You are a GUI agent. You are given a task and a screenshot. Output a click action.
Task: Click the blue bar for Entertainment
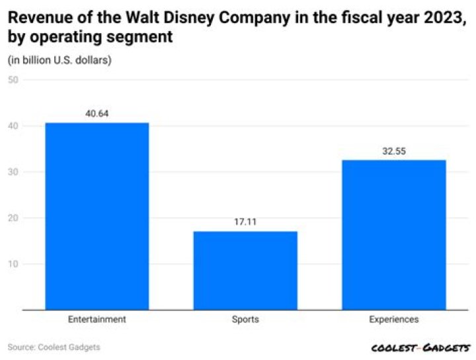[x=97, y=216]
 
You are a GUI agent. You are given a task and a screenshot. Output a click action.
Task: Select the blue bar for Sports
[x=245, y=270]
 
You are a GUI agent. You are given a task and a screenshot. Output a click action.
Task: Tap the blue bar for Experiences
[x=393, y=234]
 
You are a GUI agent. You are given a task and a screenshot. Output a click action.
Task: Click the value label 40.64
[x=97, y=113]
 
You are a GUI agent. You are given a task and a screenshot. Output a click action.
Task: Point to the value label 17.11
[x=245, y=222]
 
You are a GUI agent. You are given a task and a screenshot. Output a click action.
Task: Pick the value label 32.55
[x=393, y=151]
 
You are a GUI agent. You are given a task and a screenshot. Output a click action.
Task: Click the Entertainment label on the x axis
[x=97, y=319]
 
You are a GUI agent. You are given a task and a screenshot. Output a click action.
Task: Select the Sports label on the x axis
[x=245, y=319]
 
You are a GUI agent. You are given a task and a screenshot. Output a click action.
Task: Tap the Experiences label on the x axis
[x=393, y=319]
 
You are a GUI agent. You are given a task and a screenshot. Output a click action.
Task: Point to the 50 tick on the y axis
[x=13, y=80]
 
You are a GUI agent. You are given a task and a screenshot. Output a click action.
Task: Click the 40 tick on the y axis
[x=13, y=126]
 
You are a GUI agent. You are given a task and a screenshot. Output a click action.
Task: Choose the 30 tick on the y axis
[x=13, y=172]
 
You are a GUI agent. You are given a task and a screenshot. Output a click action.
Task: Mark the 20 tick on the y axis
[x=13, y=218]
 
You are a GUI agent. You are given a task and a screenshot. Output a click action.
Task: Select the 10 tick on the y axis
[x=13, y=264]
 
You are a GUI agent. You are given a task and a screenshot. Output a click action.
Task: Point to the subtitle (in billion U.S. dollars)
[x=59, y=60]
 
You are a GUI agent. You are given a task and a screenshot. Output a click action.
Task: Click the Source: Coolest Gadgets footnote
[x=54, y=347]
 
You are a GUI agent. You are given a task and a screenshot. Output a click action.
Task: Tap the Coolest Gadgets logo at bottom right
[x=420, y=347]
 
